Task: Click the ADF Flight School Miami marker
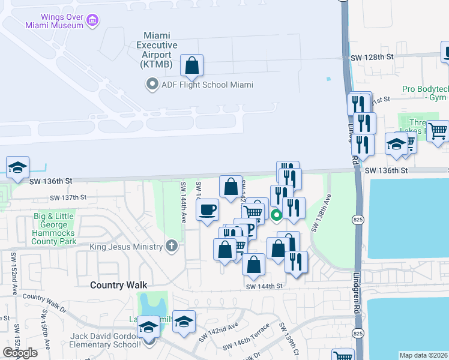152,85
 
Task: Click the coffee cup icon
208,210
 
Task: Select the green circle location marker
277,215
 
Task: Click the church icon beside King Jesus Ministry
172,246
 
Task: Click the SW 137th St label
68,197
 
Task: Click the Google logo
20,353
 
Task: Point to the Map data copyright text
423,355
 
